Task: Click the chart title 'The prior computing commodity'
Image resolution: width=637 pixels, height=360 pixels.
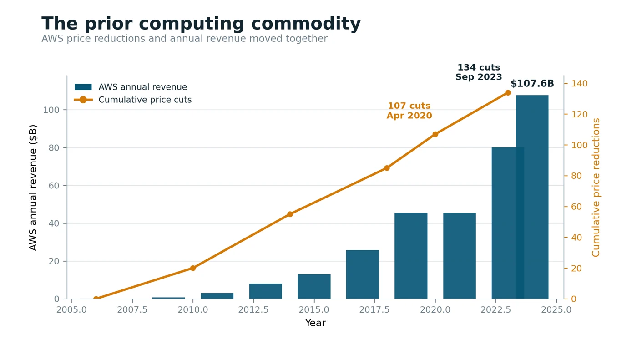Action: [201, 23]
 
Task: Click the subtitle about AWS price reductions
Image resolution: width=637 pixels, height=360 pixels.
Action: [185, 38]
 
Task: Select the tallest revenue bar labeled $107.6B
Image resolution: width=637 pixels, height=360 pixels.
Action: [532, 197]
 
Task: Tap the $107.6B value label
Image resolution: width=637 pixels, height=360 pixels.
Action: [532, 83]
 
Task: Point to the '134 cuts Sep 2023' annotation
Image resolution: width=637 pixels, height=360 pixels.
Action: [479, 72]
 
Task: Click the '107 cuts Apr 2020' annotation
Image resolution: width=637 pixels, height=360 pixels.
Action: [409, 111]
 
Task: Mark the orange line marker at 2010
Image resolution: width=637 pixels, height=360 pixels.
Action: [193, 268]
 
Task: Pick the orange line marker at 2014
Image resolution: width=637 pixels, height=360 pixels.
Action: [290, 214]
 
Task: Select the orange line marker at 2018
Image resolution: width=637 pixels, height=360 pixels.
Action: [387, 168]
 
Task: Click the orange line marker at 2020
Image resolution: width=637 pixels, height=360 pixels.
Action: [435, 134]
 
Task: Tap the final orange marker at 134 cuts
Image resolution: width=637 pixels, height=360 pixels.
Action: [508, 93]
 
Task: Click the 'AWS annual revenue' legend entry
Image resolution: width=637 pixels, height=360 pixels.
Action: [131, 87]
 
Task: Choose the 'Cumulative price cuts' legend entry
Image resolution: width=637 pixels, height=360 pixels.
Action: [133, 100]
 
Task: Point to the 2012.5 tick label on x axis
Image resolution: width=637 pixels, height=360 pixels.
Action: [253, 309]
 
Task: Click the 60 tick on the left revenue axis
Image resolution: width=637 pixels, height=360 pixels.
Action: [54, 186]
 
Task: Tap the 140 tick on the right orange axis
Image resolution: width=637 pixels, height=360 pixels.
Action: [579, 84]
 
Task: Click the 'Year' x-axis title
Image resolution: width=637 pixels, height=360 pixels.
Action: [315, 323]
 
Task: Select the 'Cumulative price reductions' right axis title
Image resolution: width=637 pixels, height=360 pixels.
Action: [596, 188]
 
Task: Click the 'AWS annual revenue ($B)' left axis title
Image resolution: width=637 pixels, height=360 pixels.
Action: [33, 188]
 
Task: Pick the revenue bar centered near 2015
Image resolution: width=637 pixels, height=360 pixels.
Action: [314, 286]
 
